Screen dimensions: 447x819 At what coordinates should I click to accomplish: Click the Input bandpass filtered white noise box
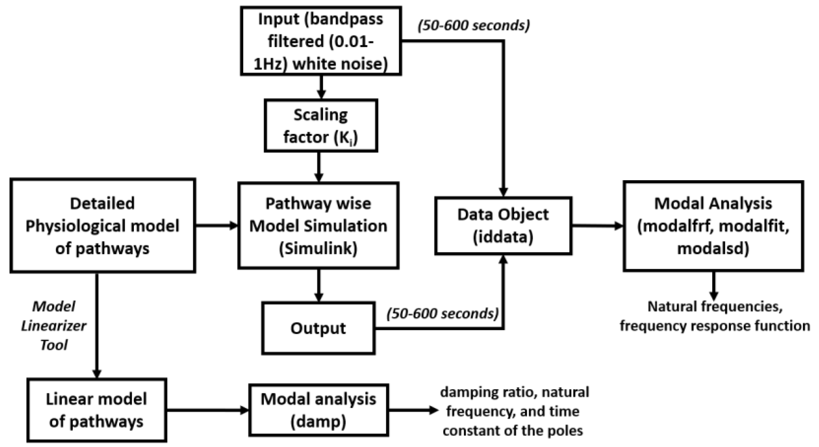coord(321,41)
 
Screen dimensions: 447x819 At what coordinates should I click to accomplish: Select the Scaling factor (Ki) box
coord(321,126)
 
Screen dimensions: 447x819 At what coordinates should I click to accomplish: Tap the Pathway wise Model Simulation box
coord(318,226)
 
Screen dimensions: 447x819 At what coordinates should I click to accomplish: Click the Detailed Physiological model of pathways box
coord(103,226)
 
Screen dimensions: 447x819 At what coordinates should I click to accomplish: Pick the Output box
coord(318,328)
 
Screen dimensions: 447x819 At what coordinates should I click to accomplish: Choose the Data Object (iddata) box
coord(503,226)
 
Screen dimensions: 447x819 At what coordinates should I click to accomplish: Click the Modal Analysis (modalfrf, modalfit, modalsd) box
coord(713,226)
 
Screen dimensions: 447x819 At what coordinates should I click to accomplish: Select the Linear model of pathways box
coord(96,410)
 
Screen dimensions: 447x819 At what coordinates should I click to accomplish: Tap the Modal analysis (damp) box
coord(318,410)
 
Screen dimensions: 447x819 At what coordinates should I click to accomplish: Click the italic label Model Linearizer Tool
coord(54,326)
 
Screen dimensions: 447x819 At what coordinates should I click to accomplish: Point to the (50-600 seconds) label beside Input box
coord(473,26)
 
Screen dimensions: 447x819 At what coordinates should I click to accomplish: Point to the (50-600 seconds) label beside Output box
coord(442,314)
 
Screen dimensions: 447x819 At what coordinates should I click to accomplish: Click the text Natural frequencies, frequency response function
coord(715,316)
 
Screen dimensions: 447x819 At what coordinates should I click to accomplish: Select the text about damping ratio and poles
coord(514,411)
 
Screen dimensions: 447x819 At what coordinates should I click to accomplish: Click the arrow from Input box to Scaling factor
coord(321,87)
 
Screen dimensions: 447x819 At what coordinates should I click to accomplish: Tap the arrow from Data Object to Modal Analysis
coord(597,226)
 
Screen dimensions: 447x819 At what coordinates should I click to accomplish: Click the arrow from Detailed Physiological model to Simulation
coord(217,226)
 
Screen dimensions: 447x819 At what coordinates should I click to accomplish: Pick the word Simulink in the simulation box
coord(318,248)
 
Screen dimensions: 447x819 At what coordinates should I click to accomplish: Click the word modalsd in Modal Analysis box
coord(713,248)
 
